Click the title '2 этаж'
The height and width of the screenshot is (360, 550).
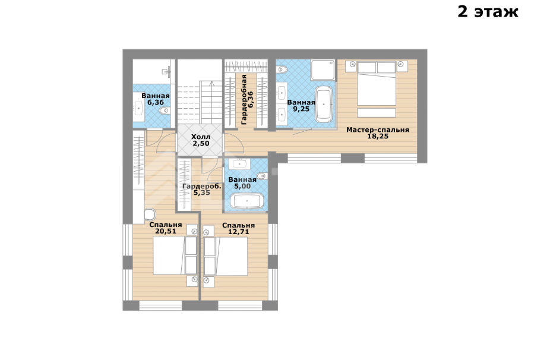pyautogui.click(x=488, y=12)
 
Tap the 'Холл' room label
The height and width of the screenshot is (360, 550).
pyautogui.click(x=201, y=137)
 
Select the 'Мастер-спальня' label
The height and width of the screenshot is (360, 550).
pyautogui.click(x=378, y=130)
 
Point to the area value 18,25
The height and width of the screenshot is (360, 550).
pyautogui.click(x=378, y=137)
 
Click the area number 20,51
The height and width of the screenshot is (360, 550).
pyautogui.click(x=166, y=231)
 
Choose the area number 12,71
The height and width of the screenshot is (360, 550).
pyautogui.click(x=239, y=232)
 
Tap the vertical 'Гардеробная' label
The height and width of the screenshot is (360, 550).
pyautogui.click(x=244, y=100)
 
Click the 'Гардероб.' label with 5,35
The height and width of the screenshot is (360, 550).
pyautogui.click(x=202, y=187)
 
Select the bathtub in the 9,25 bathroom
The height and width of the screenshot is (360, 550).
pyautogui.click(x=324, y=104)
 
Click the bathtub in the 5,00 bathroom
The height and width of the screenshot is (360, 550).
pyautogui.click(x=247, y=201)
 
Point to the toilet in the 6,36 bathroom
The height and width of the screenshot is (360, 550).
pyautogui.click(x=163, y=111)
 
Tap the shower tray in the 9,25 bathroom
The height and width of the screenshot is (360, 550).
pyautogui.click(x=323, y=70)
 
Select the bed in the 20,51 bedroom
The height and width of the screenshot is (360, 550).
pyautogui.click(x=175, y=255)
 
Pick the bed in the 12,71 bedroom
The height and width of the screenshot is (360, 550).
pyautogui.click(x=226, y=256)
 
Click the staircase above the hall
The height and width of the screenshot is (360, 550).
pyautogui.click(x=200, y=92)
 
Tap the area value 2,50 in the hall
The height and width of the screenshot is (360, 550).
pyautogui.click(x=201, y=143)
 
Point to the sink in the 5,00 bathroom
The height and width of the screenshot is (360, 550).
pyautogui.click(x=239, y=164)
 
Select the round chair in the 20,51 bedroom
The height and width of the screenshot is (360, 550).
pyautogui.click(x=150, y=214)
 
